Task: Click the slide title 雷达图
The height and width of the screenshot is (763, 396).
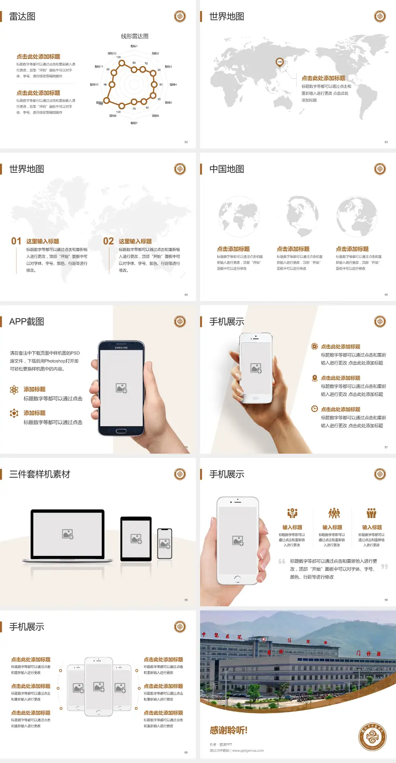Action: (22, 16)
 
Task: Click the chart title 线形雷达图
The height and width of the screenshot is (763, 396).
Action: (134, 36)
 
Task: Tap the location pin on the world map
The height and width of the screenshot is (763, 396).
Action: (280, 62)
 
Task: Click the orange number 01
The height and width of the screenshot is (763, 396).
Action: (16, 241)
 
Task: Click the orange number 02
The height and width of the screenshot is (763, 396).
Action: (108, 241)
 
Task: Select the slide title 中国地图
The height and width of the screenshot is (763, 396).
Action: (226, 169)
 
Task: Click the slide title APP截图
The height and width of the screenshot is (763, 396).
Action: (26, 322)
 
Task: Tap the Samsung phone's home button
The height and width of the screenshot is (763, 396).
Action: (121, 431)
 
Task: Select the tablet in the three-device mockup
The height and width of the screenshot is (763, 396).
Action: (136, 539)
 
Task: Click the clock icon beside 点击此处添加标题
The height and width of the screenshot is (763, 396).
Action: (314, 409)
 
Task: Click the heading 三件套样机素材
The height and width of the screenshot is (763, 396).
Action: (40, 474)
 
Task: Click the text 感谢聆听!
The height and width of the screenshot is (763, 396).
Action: (229, 730)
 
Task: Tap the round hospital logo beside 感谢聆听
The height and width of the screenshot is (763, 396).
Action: (372, 737)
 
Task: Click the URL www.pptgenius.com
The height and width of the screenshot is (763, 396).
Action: (248, 751)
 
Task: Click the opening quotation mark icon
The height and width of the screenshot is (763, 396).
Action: (282, 561)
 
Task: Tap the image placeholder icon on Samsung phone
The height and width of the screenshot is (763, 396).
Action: (121, 388)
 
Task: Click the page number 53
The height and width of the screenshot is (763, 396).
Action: (386, 142)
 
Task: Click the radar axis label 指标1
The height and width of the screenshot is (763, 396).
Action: (134, 46)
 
